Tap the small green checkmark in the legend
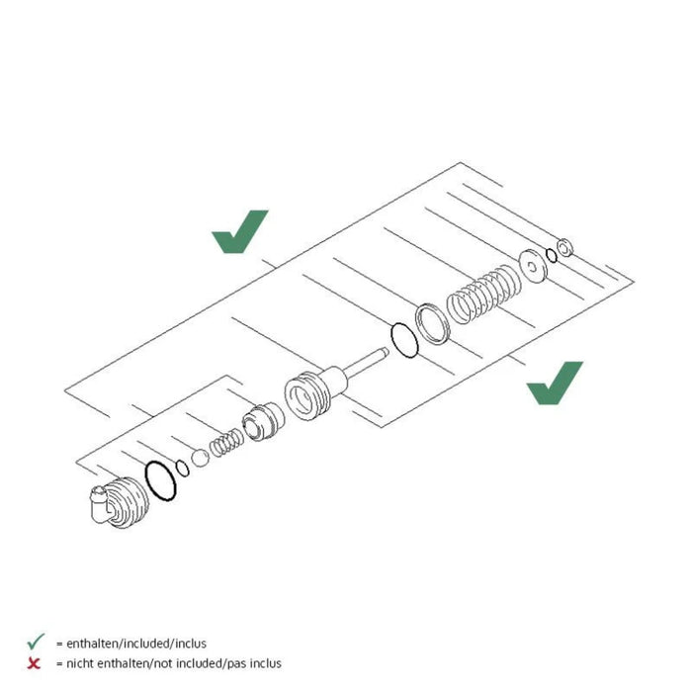point(36,642)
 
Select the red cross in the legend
point(34,663)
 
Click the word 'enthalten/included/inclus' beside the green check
point(136,644)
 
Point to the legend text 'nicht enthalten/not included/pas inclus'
point(174,663)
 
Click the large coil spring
point(483,295)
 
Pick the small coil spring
point(226,443)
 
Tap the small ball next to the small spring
point(200,458)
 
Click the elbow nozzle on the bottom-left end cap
point(98,504)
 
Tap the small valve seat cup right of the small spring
point(264,422)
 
